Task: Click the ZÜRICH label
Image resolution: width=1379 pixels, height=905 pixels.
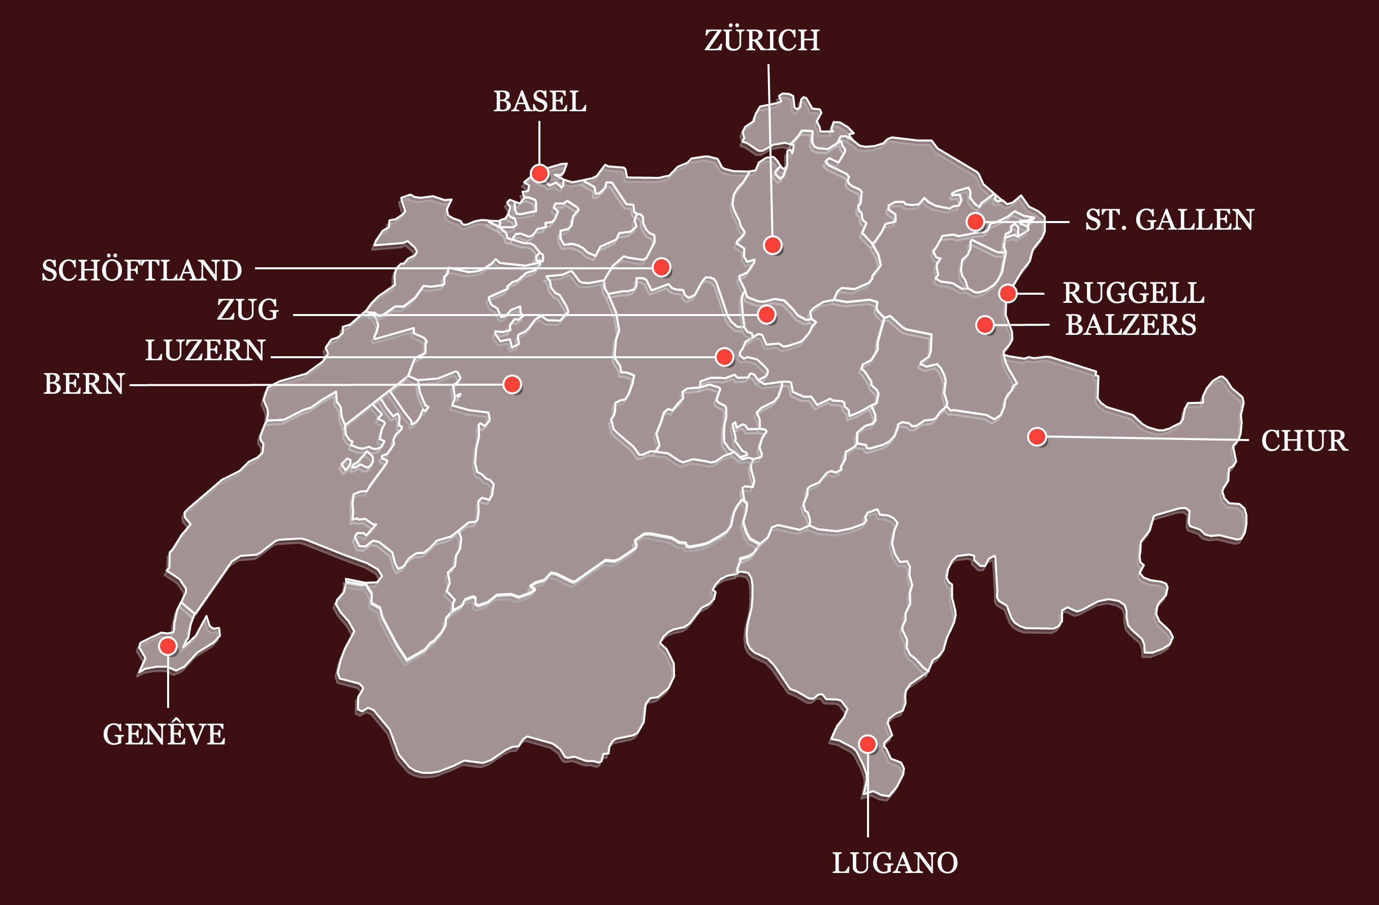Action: tap(762, 41)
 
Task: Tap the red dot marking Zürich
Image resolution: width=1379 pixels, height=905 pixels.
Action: tap(773, 245)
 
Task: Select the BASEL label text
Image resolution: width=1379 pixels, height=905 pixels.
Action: tap(539, 102)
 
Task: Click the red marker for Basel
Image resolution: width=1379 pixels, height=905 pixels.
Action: tap(539, 173)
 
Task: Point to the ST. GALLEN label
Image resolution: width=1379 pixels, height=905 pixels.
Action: tap(1169, 221)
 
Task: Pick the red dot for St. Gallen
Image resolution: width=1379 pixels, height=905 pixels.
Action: tap(975, 222)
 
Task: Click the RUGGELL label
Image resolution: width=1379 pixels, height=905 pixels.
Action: tap(1133, 293)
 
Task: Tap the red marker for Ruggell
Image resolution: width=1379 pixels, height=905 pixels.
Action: tap(1008, 293)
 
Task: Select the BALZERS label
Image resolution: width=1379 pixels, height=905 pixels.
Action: tap(1131, 325)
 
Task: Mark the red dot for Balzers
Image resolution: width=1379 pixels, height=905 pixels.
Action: tap(985, 325)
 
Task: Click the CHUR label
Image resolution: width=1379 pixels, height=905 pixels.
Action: tap(1304, 441)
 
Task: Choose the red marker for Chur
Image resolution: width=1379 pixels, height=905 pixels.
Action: tap(1037, 436)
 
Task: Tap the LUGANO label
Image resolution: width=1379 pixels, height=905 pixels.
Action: tap(894, 863)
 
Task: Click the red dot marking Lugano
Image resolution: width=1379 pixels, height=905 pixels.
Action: tap(868, 744)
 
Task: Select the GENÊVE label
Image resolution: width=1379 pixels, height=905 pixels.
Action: tap(164, 735)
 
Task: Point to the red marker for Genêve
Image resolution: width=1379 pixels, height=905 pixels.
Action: tap(168, 646)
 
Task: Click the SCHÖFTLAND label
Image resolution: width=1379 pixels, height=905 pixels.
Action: tap(141, 271)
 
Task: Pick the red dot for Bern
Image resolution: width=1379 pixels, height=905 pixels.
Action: tap(512, 384)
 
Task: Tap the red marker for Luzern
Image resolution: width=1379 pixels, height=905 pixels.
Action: tap(724, 357)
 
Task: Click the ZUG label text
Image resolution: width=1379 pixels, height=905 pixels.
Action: tap(248, 310)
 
